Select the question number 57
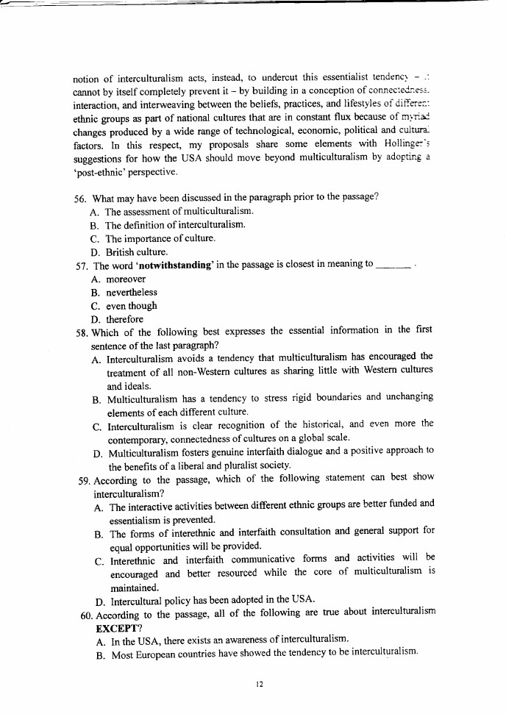point(82,265)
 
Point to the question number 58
point(82,332)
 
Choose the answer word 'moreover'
point(126,279)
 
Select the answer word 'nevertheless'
point(132,293)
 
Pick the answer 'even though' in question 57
point(132,306)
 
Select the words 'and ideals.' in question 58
point(129,385)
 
